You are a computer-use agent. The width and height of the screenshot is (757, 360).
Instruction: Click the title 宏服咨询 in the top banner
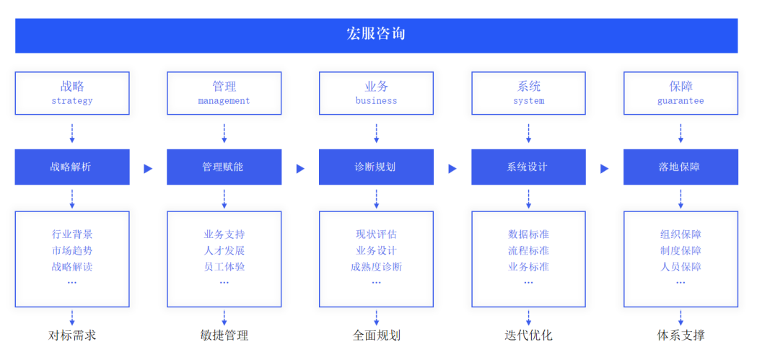376,34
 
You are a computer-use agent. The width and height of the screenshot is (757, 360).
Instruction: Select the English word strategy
72,101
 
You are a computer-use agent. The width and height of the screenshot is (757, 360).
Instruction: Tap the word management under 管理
224,101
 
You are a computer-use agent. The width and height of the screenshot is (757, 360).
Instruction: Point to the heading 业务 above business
376,87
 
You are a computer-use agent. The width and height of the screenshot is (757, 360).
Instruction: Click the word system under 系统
528,101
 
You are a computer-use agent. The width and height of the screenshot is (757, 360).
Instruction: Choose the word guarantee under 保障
681,101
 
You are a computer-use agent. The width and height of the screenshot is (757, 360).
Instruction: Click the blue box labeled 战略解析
72,167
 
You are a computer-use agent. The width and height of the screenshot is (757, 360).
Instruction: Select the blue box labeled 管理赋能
224,167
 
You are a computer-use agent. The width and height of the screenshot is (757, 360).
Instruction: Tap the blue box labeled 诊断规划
376,167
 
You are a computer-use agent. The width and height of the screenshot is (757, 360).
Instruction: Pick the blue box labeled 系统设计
528,167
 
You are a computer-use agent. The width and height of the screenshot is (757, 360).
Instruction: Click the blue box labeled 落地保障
681,167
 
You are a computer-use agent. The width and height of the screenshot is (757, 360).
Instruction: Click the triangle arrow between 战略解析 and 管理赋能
148,168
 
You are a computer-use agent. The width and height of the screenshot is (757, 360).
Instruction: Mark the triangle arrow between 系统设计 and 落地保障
605,168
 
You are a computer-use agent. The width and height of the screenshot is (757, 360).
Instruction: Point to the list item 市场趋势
72,250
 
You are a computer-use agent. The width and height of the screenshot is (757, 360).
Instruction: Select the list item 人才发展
224,250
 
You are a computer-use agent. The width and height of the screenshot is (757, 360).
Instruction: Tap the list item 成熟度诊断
376,267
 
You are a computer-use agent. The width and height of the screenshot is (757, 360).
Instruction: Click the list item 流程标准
528,250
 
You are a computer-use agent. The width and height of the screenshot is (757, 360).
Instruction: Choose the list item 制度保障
681,250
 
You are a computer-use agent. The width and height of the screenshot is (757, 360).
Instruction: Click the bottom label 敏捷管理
224,335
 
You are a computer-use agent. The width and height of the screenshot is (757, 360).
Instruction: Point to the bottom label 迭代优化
528,335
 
